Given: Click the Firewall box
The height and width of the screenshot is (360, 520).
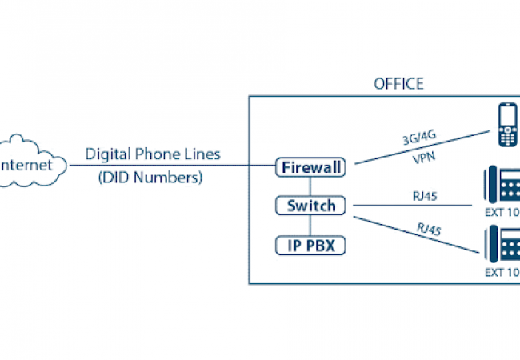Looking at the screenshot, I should pyautogui.click(x=311, y=168).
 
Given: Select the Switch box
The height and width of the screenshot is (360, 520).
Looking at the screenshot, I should pyautogui.click(x=311, y=206).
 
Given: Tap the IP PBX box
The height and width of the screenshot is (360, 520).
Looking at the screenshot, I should pyautogui.click(x=311, y=245).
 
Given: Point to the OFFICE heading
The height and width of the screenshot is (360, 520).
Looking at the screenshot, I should pyautogui.click(x=398, y=84).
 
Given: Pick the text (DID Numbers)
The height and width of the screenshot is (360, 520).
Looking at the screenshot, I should pyautogui.click(x=150, y=178).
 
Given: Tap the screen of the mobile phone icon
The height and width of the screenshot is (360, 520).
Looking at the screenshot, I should pyautogui.click(x=506, y=117).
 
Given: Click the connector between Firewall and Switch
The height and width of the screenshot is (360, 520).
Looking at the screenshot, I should pyautogui.click(x=311, y=187).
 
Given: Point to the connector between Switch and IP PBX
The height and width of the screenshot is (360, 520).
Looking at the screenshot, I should pyautogui.click(x=311, y=226).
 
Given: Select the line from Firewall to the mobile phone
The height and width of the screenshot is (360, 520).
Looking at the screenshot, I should pyautogui.click(x=416, y=148).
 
